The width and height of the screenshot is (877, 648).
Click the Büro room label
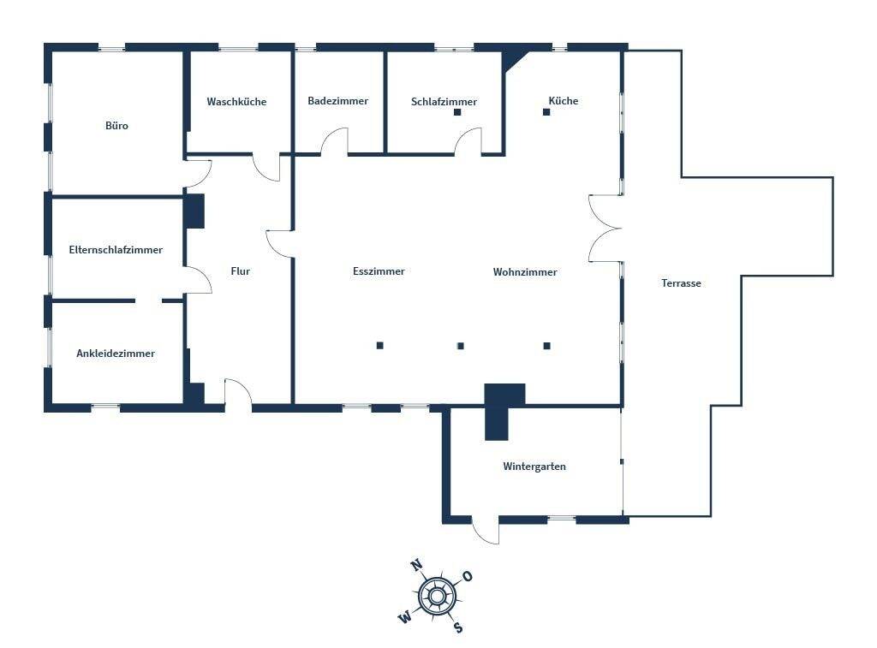tap(116, 126)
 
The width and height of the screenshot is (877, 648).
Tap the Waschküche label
tap(236, 102)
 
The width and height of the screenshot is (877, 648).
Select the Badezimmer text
tap(337, 101)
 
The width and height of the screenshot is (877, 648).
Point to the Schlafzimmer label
tap(444, 102)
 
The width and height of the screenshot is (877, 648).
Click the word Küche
tap(564, 101)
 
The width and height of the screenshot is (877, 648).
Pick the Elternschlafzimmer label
tap(116, 250)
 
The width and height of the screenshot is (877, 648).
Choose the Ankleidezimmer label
tap(116, 353)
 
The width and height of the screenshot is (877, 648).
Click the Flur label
tap(240, 271)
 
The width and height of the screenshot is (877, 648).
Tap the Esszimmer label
tap(379, 271)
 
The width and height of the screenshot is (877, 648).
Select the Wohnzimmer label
tap(525, 272)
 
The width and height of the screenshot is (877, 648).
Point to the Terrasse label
tap(681, 283)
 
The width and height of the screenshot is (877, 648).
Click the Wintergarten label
tap(534, 467)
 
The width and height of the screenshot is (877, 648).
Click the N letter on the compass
tap(417, 565)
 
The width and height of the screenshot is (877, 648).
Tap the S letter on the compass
tap(458, 627)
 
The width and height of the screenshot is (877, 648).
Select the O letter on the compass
tap(468, 576)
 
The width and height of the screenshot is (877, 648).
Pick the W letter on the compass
tap(404, 616)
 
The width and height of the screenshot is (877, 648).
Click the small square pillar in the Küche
tap(546, 110)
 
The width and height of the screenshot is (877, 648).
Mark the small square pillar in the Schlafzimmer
tap(457, 112)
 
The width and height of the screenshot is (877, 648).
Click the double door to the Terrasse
tap(606, 228)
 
